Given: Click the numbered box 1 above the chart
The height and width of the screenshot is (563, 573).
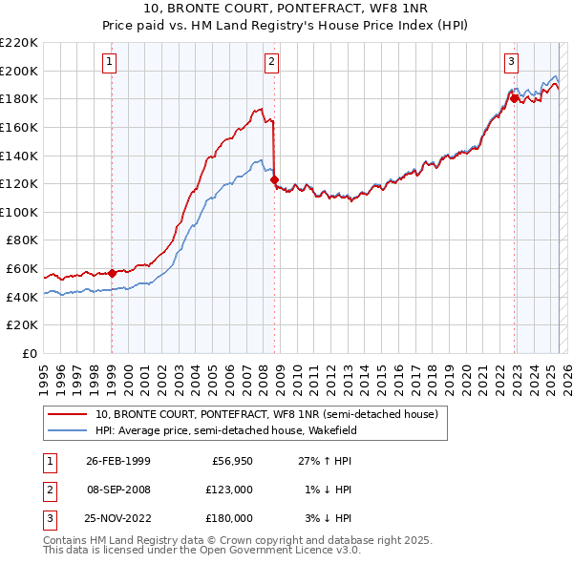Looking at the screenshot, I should [111, 62].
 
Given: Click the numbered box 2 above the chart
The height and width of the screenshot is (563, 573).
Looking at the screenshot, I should [272, 62].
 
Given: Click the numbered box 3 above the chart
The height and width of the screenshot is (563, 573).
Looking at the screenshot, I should [512, 62].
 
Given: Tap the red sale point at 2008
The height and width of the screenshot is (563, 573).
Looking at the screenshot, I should [275, 179].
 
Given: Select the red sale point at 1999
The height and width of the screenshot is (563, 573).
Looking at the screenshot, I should [112, 273].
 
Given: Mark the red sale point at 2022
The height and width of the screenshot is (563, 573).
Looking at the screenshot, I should [514, 97].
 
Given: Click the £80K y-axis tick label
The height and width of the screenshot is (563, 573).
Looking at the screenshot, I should [22, 240].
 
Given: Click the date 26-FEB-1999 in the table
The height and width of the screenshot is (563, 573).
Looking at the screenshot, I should [118, 462].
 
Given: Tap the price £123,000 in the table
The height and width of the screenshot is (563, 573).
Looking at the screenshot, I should [230, 490].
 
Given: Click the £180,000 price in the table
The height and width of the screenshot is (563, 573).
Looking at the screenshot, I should [230, 517].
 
